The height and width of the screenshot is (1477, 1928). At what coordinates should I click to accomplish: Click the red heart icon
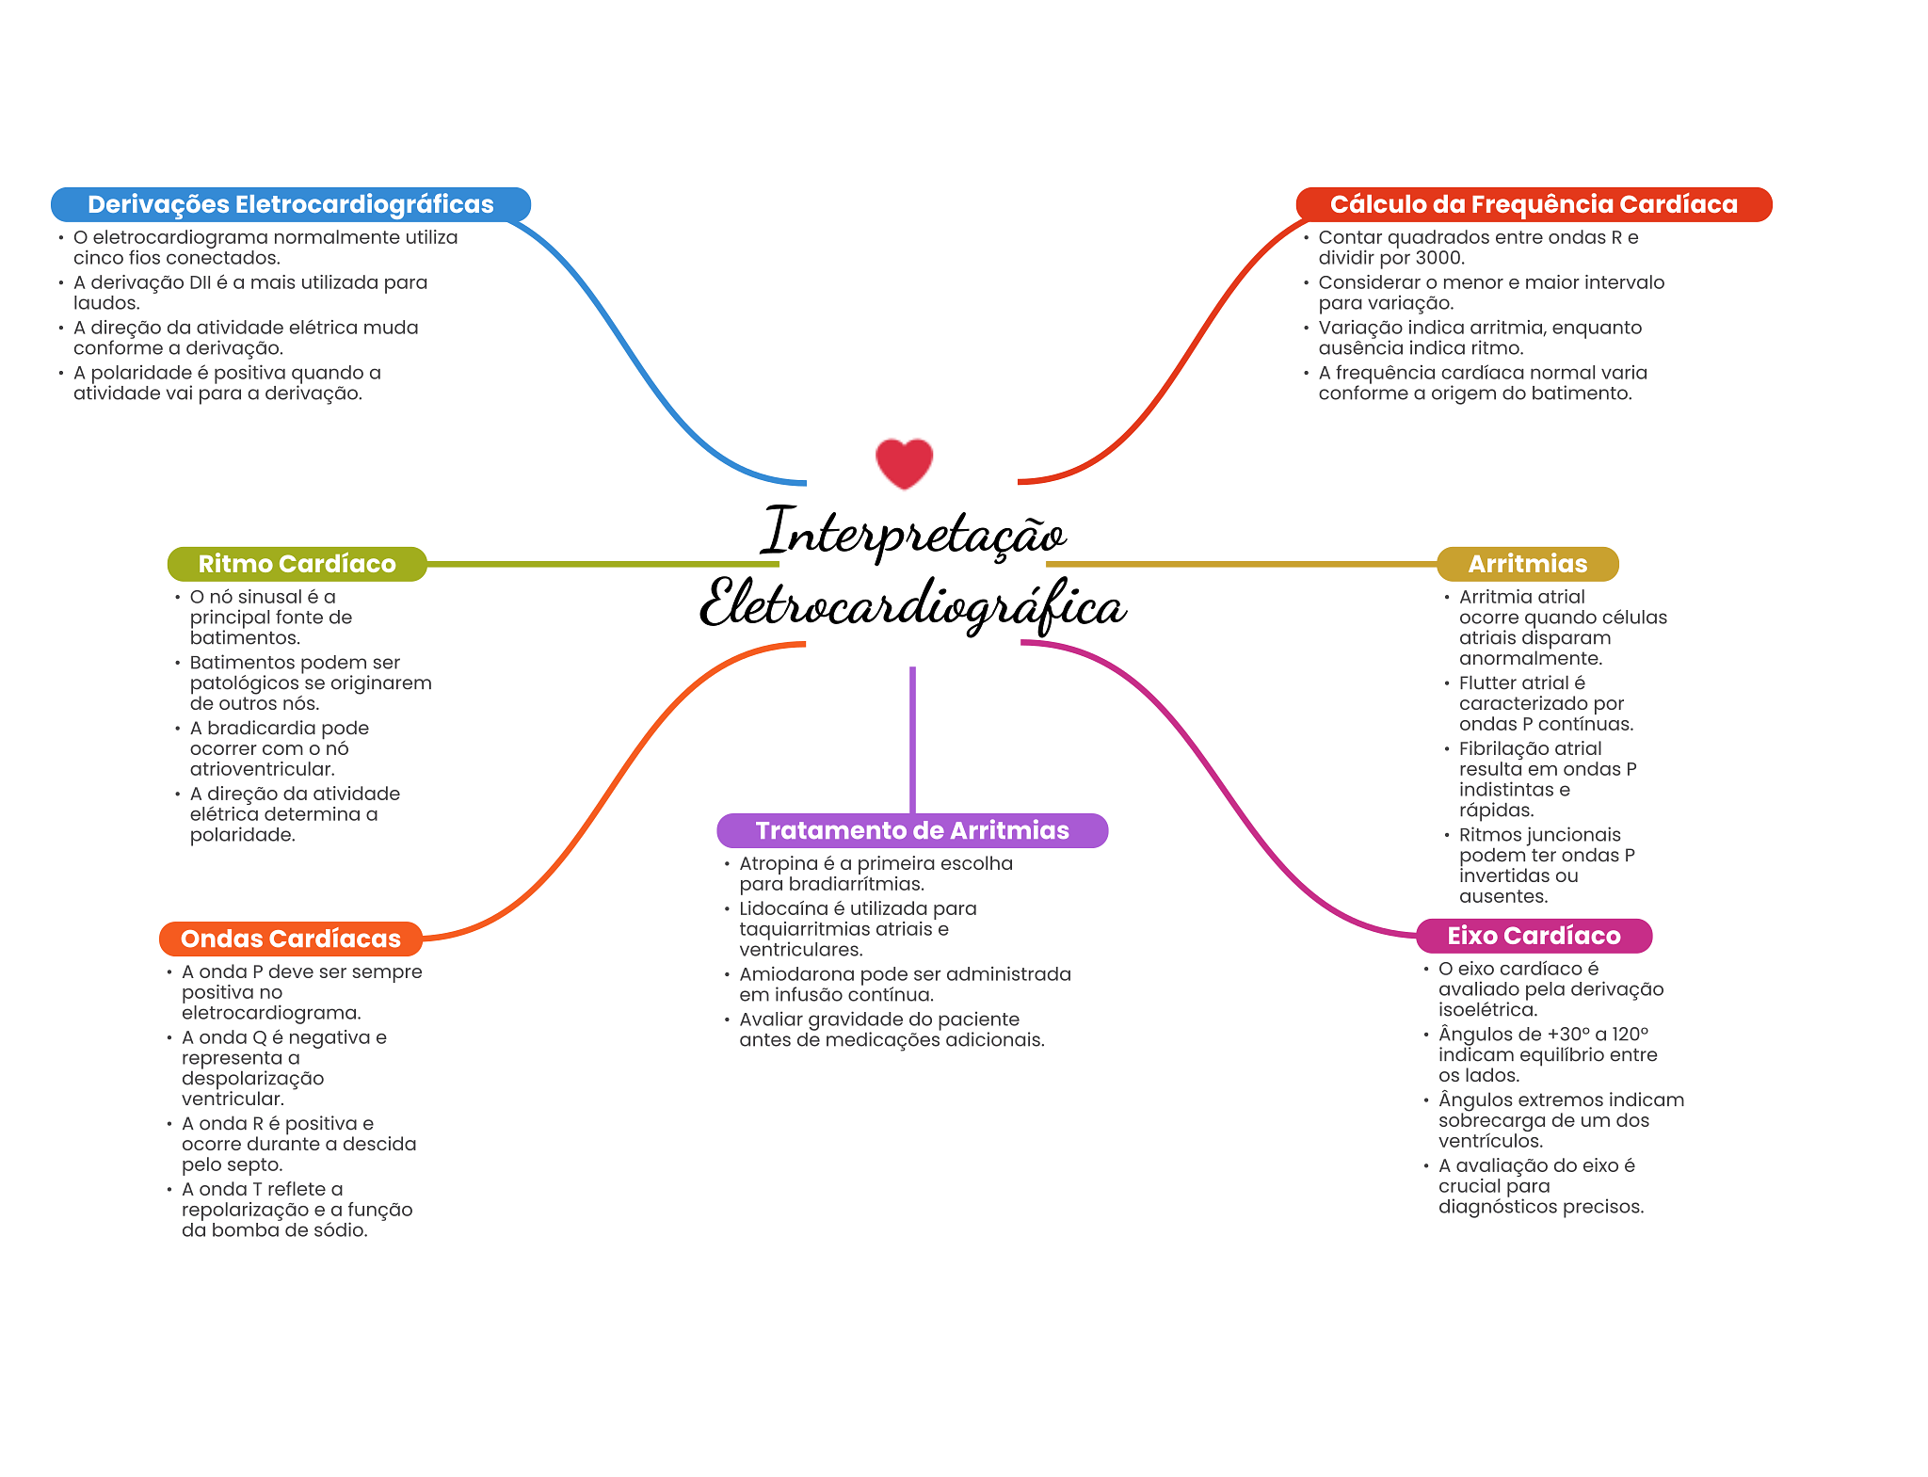tap(904, 463)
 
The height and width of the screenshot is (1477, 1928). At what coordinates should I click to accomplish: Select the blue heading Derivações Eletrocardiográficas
tap(290, 204)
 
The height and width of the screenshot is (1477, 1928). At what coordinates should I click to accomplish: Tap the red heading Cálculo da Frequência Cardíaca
tap(1533, 204)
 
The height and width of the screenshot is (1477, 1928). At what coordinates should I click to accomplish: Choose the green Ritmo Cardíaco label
tap(297, 564)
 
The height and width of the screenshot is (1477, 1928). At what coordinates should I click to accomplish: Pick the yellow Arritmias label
tap(1527, 564)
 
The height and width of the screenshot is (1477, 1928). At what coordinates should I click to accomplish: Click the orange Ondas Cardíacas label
tap(290, 939)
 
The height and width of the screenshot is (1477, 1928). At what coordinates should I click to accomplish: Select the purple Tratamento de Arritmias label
tap(911, 830)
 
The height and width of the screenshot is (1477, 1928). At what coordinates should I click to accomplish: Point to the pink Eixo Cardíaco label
tap(1533, 936)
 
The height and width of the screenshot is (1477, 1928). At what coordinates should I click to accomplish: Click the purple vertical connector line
tap(912, 739)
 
